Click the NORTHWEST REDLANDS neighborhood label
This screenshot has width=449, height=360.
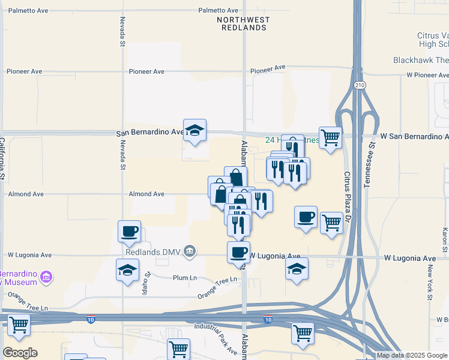(243, 24)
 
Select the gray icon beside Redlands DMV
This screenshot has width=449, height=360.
(190, 250)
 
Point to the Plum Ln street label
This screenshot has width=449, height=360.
(184, 278)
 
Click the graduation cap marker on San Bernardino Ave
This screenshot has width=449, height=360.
(194, 130)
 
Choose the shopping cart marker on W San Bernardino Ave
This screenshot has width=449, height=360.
(330, 137)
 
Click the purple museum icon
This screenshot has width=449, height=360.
(46, 277)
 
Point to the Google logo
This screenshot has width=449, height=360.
(20, 353)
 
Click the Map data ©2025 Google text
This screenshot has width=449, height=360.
(411, 355)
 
